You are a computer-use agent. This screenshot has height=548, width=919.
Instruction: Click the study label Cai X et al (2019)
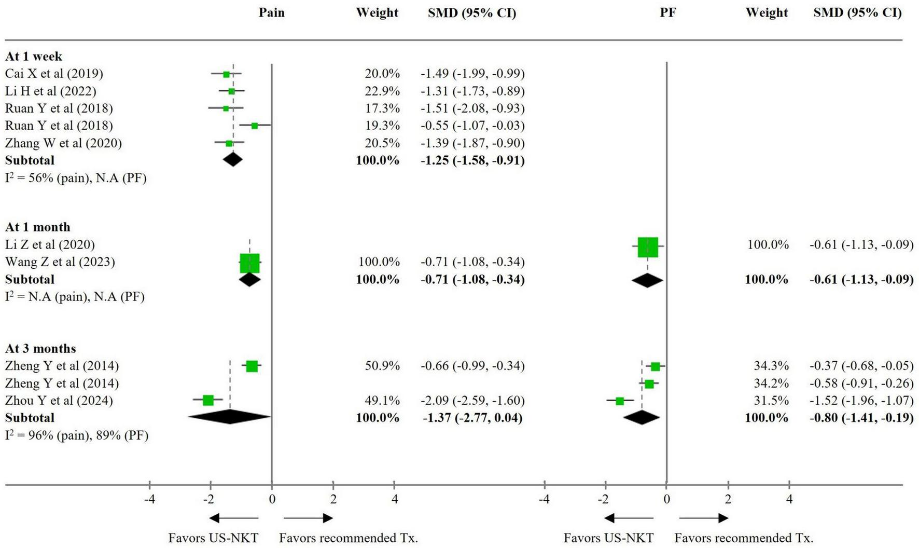tap(54, 74)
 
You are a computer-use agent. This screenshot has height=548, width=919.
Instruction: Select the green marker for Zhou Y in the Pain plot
tap(208, 400)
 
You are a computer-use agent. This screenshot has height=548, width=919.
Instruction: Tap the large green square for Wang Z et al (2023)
tap(249, 264)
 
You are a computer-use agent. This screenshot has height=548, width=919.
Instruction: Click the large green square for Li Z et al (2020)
tap(648, 247)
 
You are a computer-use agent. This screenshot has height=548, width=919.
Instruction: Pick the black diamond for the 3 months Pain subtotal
tap(230, 417)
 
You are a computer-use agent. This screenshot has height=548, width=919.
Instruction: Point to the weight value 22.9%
tap(382, 91)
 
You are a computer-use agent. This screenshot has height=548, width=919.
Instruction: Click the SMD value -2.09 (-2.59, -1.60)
tap(472, 401)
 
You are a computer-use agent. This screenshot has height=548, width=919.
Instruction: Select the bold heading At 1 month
tap(37, 227)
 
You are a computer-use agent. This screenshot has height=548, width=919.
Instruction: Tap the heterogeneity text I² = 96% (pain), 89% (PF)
tap(77, 435)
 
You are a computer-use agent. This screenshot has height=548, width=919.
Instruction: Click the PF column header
tap(667, 13)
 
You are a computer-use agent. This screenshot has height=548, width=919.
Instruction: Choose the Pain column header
tap(272, 13)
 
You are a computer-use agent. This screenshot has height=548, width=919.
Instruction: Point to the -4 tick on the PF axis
tap(544, 499)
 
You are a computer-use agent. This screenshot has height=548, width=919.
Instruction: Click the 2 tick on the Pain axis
tap(333, 499)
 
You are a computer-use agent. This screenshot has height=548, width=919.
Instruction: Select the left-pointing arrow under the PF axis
tap(629, 518)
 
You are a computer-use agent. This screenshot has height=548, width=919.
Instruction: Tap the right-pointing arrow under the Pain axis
tap(309, 518)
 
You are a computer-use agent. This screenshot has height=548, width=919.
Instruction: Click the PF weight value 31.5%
tap(771, 401)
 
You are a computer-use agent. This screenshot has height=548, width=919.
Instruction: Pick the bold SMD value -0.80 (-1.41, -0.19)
tap(861, 418)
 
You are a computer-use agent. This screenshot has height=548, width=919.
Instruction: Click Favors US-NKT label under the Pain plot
tap(213, 538)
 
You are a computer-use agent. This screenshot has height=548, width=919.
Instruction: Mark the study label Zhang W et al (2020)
tap(63, 143)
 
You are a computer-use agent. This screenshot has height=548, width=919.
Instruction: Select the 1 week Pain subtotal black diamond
tap(232, 159)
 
